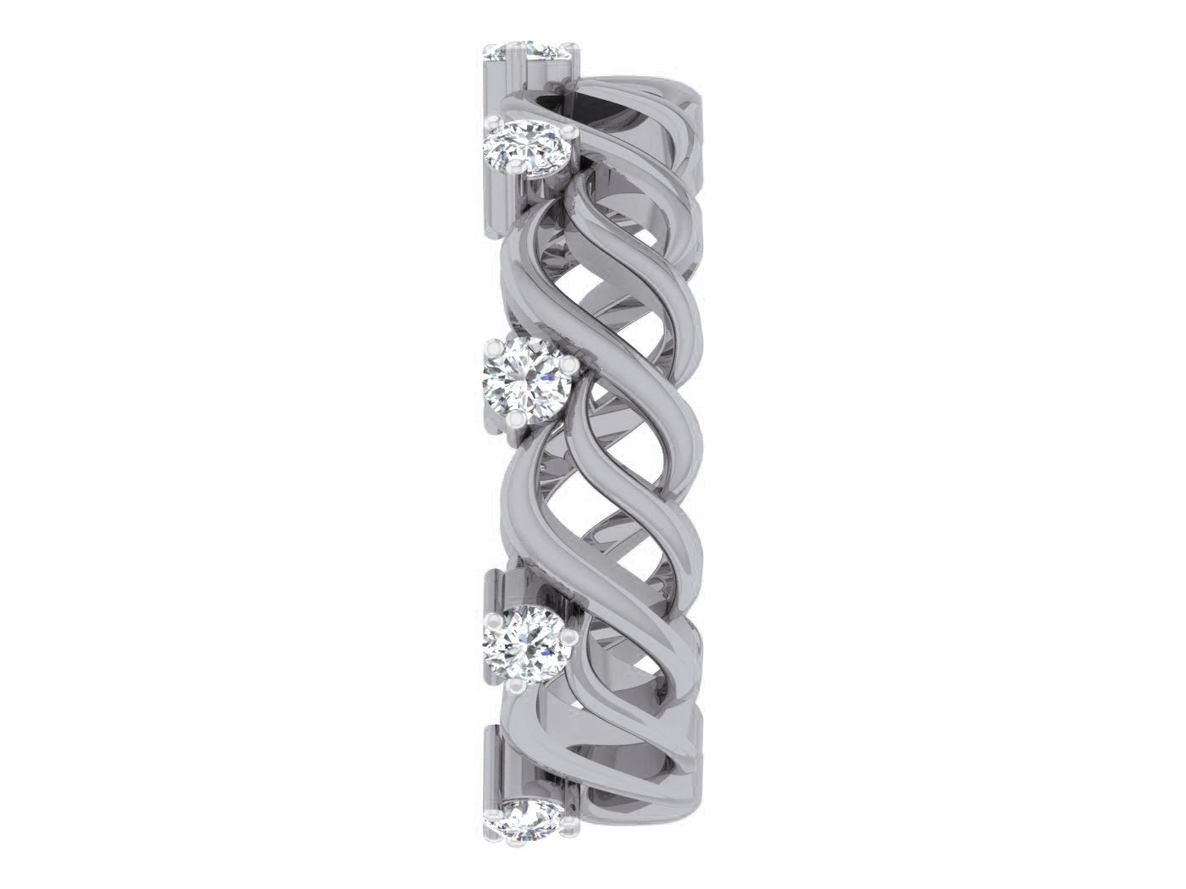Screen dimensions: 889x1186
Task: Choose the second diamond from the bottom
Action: click(x=525, y=639)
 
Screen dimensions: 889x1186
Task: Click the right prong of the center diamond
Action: click(x=568, y=364)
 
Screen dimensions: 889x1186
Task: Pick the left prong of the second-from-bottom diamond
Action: click(x=490, y=623)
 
